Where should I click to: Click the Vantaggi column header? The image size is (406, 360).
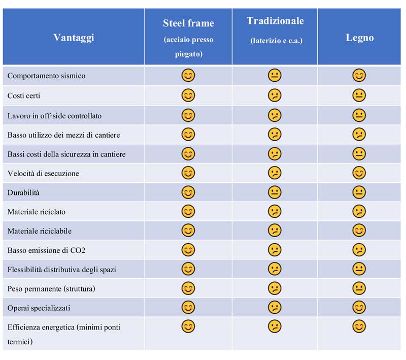pyautogui.click(x=74, y=38)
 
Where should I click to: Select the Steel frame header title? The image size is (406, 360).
pyautogui.click(x=188, y=23)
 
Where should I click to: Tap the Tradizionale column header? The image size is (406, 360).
pyautogui.click(x=275, y=21)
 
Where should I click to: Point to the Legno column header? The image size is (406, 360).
pyautogui.click(x=359, y=38)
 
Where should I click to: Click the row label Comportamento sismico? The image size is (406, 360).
pyautogui.click(x=46, y=76)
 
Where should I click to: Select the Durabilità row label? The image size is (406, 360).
pyautogui.click(x=23, y=192)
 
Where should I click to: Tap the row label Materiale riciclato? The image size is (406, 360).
pyautogui.click(x=37, y=212)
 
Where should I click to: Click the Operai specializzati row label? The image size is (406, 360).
pyautogui.click(x=39, y=308)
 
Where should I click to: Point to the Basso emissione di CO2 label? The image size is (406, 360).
pyautogui.click(x=43, y=250)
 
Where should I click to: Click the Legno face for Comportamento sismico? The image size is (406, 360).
pyautogui.click(x=359, y=76)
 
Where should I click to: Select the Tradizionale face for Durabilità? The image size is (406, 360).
pyautogui.click(x=275, y=192)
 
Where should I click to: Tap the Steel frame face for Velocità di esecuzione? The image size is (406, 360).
pyautogui.click(x=188, y=173)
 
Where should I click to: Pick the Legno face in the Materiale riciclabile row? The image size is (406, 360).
pyautogui.click(x=359, y=231)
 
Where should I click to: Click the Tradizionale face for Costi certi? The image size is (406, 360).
pyautogui.click(x=275, y=95)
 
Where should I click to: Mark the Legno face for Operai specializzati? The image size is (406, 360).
pyautogui.click(x=359, y=308)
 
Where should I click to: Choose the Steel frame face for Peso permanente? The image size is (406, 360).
pyautogui.click(x=188, y=288)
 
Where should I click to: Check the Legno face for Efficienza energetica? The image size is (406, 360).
pyautogui.click(x=359, y=326)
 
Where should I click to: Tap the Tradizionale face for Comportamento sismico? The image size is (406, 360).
pyautogui.click(x=275, y=76)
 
